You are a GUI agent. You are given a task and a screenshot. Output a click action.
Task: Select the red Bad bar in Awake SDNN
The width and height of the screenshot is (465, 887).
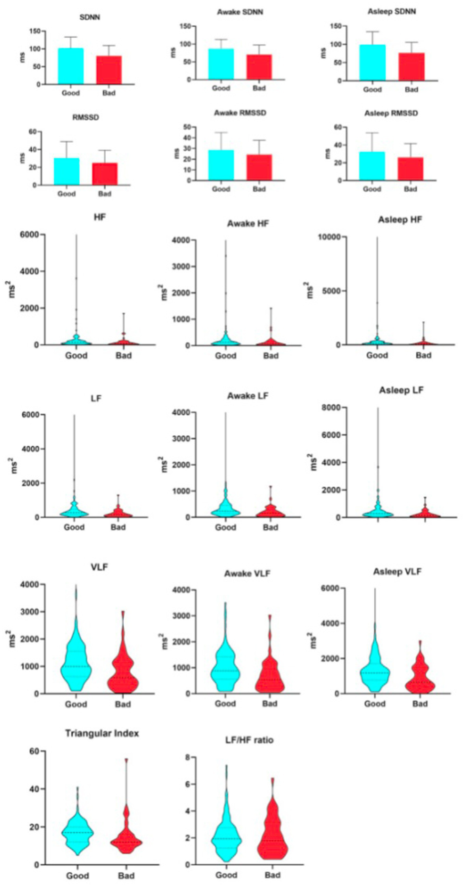point(259,67)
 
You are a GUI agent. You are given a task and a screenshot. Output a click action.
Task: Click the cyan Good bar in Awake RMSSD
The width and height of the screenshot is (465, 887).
point(221,165)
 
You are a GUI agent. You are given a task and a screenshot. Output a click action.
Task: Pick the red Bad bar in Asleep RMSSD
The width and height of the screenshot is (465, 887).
point(410,169)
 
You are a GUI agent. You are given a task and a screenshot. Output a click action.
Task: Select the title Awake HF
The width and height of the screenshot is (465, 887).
point(248,224)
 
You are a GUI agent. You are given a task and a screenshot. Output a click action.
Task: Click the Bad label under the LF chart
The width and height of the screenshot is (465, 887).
point(118,527)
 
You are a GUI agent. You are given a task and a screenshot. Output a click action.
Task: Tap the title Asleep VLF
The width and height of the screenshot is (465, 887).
point(397,572)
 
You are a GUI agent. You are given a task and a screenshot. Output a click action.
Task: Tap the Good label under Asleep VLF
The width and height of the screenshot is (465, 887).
point(374,704)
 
